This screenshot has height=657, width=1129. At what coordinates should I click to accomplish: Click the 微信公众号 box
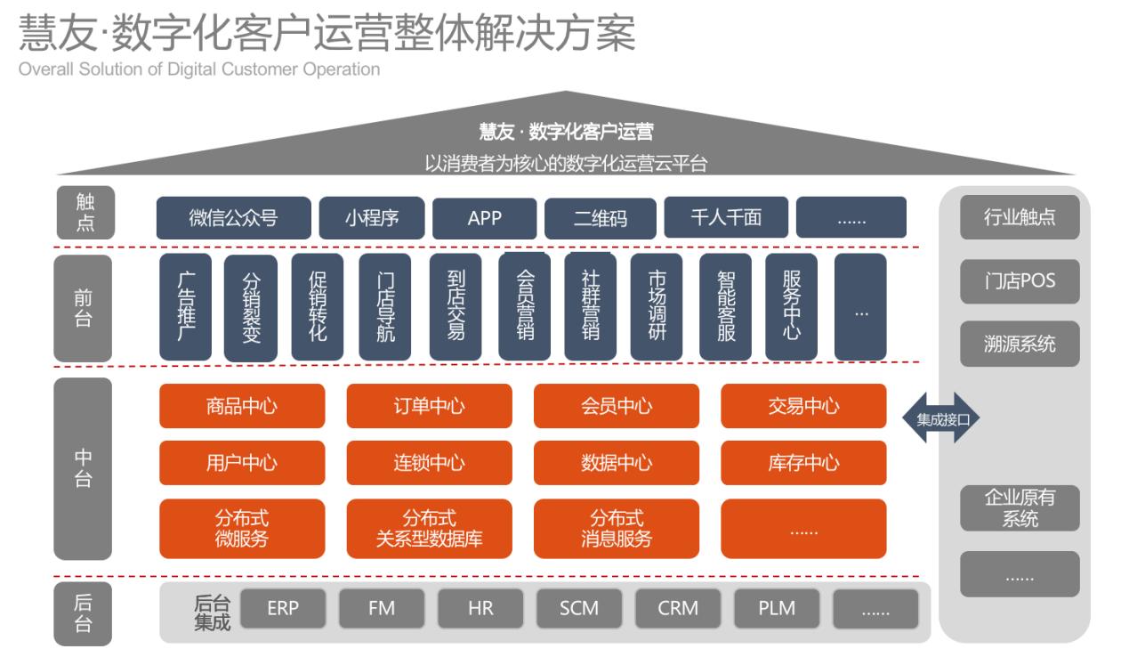pyautogui.click(x=233, y=218)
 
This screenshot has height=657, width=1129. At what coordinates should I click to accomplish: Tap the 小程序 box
pyautogui.click(x=371, y=218)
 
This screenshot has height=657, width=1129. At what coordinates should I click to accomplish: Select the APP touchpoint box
pyautogui.click(x=485, y=218)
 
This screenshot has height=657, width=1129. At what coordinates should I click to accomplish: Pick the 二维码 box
pyautogui.click(x=600, y=218)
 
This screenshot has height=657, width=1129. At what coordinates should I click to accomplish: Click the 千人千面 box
pyautogui.click(x=726, y=218)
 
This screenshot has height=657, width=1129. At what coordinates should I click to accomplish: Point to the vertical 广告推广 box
pyautogui.click(x=185, y=307)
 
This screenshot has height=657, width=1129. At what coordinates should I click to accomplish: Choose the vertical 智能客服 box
pyautogui.click(x=725, y=307)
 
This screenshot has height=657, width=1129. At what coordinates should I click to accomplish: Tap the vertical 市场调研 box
pyautogui.click(x=657, y=307)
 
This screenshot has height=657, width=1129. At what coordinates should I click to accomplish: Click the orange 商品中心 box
pyautogui.click(x=242, y=406)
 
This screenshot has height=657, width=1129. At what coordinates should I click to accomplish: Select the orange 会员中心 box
pyautogui.click(x=617, y=406)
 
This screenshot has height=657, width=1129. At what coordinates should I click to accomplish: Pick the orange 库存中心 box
pyautogui.click(x=803, y=463)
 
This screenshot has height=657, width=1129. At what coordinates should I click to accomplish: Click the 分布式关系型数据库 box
pyautogui.click(x=429, y=529)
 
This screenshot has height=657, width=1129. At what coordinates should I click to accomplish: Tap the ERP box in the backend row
pyautogui.click(x=283, y=609)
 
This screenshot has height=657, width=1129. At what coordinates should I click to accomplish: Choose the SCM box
pyautogui.click(x=579, y=609)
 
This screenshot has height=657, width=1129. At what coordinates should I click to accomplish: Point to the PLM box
pyautogui.click(x=777, y=609)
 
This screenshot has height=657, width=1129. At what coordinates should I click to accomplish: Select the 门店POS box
pyautogui.click(x=1020, y=282)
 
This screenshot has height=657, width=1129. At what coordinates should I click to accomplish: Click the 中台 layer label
pyautogui.click(x=83, y=468)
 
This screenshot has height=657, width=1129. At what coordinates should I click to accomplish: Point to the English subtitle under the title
pyautogui.click(x=192, y=69)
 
